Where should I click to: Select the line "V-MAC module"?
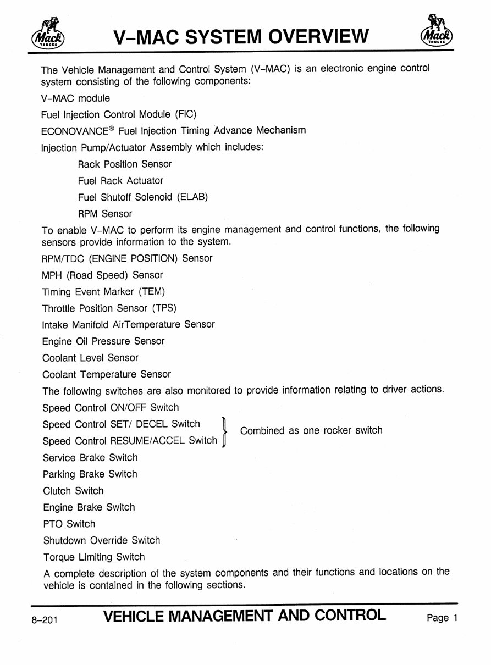(x=75, y=98)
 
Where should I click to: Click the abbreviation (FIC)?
(x=186, y=114)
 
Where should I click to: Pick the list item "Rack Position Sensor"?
(x=125, y=164)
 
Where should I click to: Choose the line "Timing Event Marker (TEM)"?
(x=103, y=292)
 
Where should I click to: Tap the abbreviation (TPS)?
(x=164, y=308)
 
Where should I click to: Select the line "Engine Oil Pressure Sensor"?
(x=103, y=341)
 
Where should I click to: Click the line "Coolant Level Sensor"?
(x=90, y=358)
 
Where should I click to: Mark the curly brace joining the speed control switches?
(x=224, y=432)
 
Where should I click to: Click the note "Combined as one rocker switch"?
(x=311, y=430)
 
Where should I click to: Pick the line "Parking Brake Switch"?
(x=90, y=474)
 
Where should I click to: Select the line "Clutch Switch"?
(x=73, y=491)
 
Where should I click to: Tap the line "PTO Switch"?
(x=69, y=524)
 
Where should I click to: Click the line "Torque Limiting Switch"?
(x=94, y=557)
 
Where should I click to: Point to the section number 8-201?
(x=45, y=619)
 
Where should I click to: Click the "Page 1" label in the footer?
(x=442, y=618)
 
